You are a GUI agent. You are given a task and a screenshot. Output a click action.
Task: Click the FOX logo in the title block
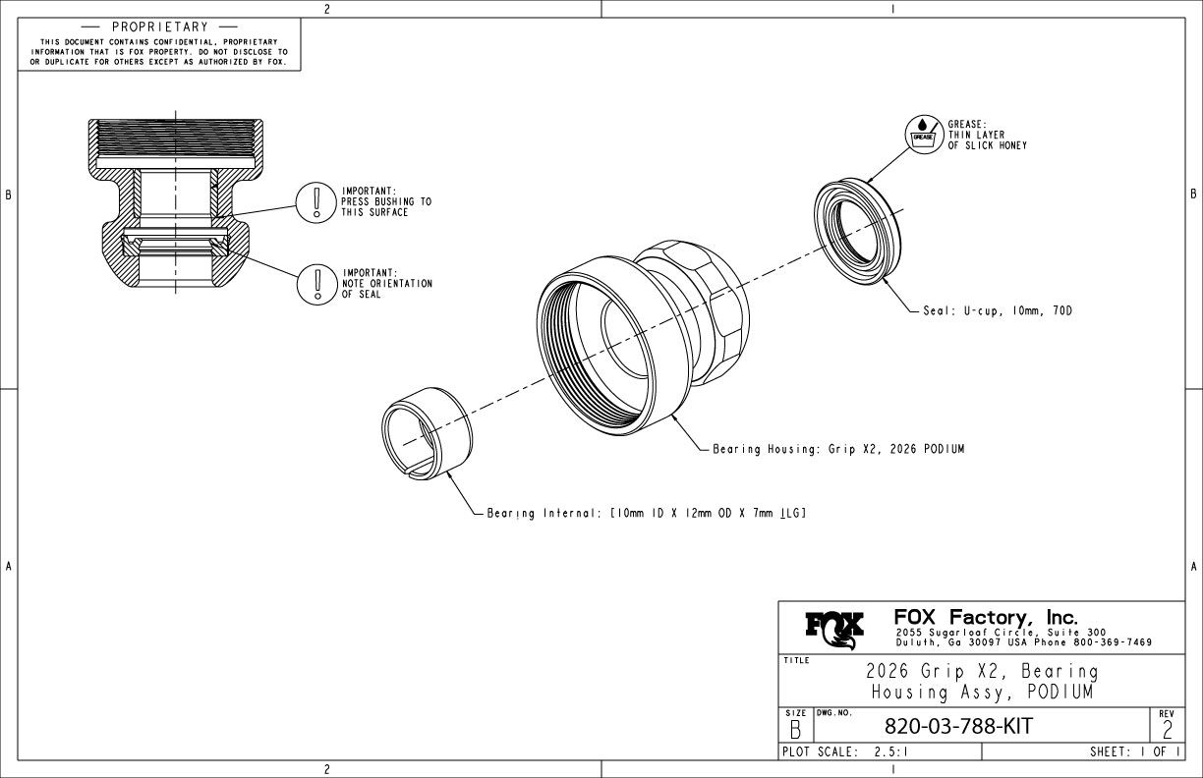tap(834, 630)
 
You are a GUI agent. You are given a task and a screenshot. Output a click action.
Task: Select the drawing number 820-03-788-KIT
tap(958, 726)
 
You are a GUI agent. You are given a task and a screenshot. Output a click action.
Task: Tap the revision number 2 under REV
tap(1167, 731)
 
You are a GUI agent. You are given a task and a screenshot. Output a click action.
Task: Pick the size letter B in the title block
tap(795, 731)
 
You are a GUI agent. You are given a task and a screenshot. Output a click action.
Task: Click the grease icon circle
tap(924, 135)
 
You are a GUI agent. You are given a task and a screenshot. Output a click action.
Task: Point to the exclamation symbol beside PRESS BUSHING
tap(316, 202)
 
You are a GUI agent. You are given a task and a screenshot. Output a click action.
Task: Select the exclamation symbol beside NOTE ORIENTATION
tap(317, 285)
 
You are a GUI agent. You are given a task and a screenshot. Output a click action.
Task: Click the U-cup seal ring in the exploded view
tap(858, 232)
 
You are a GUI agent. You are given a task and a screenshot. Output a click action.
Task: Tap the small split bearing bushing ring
tap(427, 433)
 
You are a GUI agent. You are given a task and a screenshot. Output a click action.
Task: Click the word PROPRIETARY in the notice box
tap(160, 27)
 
